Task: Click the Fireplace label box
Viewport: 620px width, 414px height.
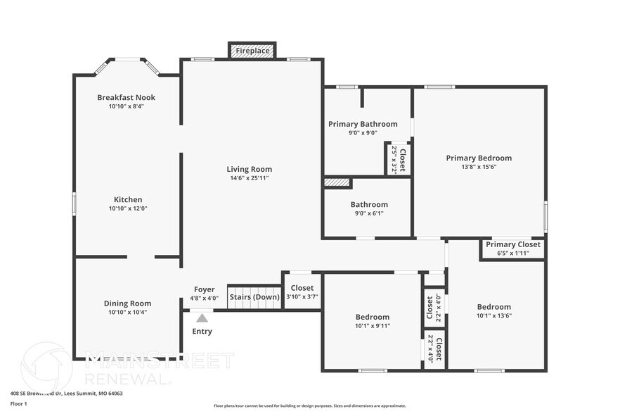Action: (x=252, y=51)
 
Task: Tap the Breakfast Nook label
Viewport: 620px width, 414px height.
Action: (x=126, y=97)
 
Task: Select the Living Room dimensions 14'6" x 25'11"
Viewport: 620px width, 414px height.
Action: (x=249, y=178)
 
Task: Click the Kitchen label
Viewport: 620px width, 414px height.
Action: (x=128, y=199)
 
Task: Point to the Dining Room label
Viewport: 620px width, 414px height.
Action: (x=127, y=303)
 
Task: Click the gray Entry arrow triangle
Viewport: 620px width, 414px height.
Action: (x=202, y=318)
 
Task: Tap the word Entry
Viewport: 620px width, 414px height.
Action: (x=202, y=332)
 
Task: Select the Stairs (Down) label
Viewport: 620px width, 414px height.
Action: (x=254, y=297)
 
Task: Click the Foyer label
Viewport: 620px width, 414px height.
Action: (x=205, y=289)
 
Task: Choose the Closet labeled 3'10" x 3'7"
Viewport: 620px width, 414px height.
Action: (x=302, y=292)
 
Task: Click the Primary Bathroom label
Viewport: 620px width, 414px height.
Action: (x=363, y=124)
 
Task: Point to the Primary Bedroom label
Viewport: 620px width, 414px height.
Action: (x=479, y=158)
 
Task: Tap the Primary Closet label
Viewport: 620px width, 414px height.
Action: (x=512, y=245)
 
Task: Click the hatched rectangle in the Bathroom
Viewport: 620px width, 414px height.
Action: (x=337, y=183)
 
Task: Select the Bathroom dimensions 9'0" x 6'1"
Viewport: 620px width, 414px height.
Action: (x=369, y=213)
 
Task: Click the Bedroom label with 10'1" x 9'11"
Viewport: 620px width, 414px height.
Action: (x=372, y=317)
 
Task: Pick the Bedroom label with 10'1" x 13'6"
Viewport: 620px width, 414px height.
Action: (x=493, y=307)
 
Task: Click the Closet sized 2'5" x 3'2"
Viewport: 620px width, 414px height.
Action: (x=398, y=159)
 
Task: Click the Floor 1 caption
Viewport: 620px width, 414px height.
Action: (x=18, y=403)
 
